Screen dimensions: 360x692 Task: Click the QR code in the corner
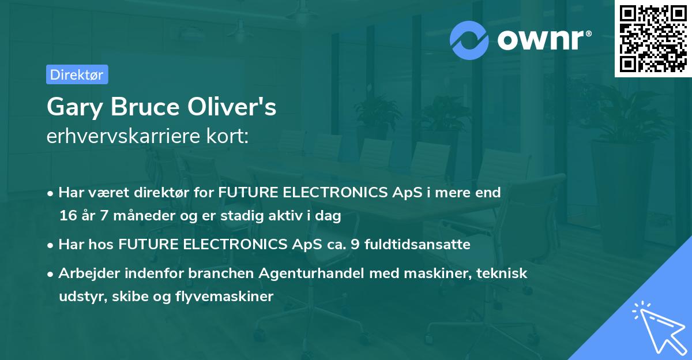click(653, 39)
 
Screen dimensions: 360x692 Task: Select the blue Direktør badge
click(76, 74)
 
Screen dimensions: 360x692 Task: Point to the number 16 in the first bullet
click(67, 216)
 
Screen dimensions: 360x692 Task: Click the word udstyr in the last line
click(78, 297)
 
